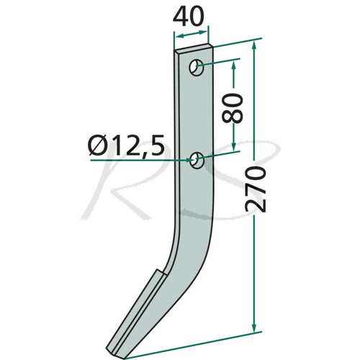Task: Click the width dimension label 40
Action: click(x=188, y=17)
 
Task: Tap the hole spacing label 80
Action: click(x=233, y=108)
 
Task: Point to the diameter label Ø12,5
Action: click(x=127, y=145)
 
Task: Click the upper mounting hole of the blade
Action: click(x=197, y=67)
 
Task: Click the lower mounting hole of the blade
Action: click(x=197, y=160)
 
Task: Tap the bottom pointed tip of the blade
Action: click(x=125, y=359)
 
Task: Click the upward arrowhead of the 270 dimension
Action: click(x=254, y=47)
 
